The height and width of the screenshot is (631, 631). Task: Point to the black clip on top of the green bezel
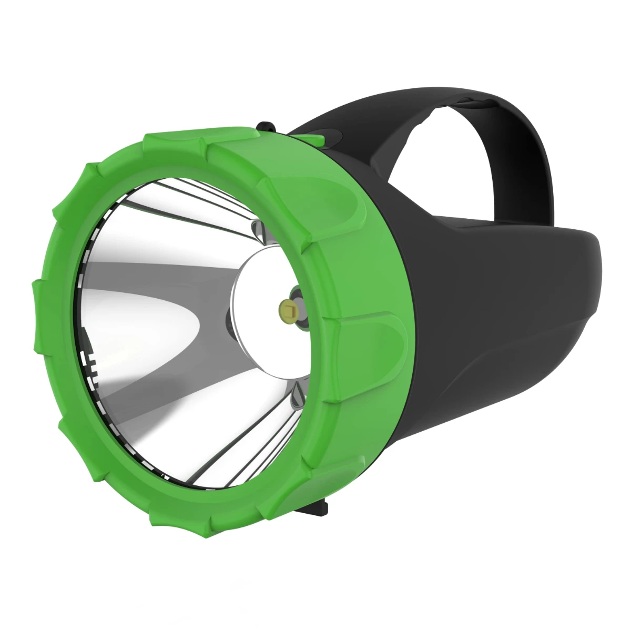pos(267,128)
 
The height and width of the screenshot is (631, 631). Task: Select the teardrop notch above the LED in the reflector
pos(256,228)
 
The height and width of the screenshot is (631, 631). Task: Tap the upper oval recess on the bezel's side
pos(344,202)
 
